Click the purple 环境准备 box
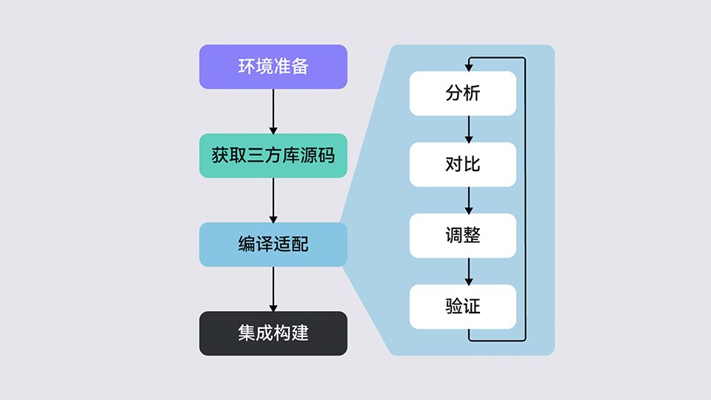[273, 67]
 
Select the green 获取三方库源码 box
[273, 156]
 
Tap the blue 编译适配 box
[273, 244]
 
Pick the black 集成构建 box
[273, 333]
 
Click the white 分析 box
[463, 93]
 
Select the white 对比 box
[463, 164]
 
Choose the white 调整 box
[463, 236]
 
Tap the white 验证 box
[463, 307]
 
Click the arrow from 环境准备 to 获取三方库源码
[273, 112]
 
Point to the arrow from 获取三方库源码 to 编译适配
[273, 201]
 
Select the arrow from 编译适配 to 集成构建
[273, 290]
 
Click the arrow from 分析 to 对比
[469, 129]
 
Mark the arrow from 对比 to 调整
[469, 201]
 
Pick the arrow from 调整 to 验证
[469, 271]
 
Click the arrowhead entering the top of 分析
[469, 67]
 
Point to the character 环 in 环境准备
[247, 67]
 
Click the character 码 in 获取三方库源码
[327, 156]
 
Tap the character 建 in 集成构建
[300, 333]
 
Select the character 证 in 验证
[472, 307]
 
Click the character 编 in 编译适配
[247, 244]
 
